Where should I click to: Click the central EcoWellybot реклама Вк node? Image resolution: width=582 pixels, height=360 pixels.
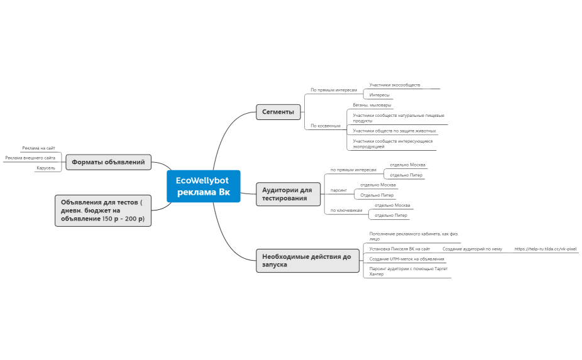point(204,187)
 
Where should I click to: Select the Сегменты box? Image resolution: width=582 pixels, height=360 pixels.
point(278,112)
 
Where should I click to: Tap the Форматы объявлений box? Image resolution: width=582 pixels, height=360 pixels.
point(108,162)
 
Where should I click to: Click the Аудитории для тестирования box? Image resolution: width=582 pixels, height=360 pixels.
point(288,194)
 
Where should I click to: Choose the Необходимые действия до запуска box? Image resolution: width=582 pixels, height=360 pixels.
point(308,261)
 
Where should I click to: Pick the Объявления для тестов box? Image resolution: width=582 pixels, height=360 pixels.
point(103,210)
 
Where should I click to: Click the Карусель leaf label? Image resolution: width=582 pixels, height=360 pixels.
point(46,168)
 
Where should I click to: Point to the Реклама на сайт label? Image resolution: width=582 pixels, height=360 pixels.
point(38,148)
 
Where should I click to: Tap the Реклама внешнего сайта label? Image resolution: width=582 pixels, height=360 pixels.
point(30,158)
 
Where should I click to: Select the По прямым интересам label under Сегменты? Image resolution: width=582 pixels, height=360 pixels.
point(334,90)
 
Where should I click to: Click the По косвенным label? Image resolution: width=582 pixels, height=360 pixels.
point(326,126)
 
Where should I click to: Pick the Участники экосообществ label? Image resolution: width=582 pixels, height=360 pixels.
point(395,85)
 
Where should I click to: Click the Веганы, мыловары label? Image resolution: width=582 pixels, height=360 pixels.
point(372,105)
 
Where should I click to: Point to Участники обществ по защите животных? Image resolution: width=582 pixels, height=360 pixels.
point(394,131)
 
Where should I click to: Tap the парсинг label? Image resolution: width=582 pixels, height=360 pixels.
point(339,190)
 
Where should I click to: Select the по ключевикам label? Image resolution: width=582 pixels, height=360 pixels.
point(346,210)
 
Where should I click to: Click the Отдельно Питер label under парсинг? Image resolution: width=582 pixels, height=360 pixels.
point(376,195)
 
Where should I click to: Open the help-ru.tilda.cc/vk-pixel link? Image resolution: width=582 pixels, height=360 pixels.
point(546,249)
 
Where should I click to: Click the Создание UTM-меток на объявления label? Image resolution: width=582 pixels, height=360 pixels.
point(407,259)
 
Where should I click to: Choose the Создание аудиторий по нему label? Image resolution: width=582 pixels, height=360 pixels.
point(472,249)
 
